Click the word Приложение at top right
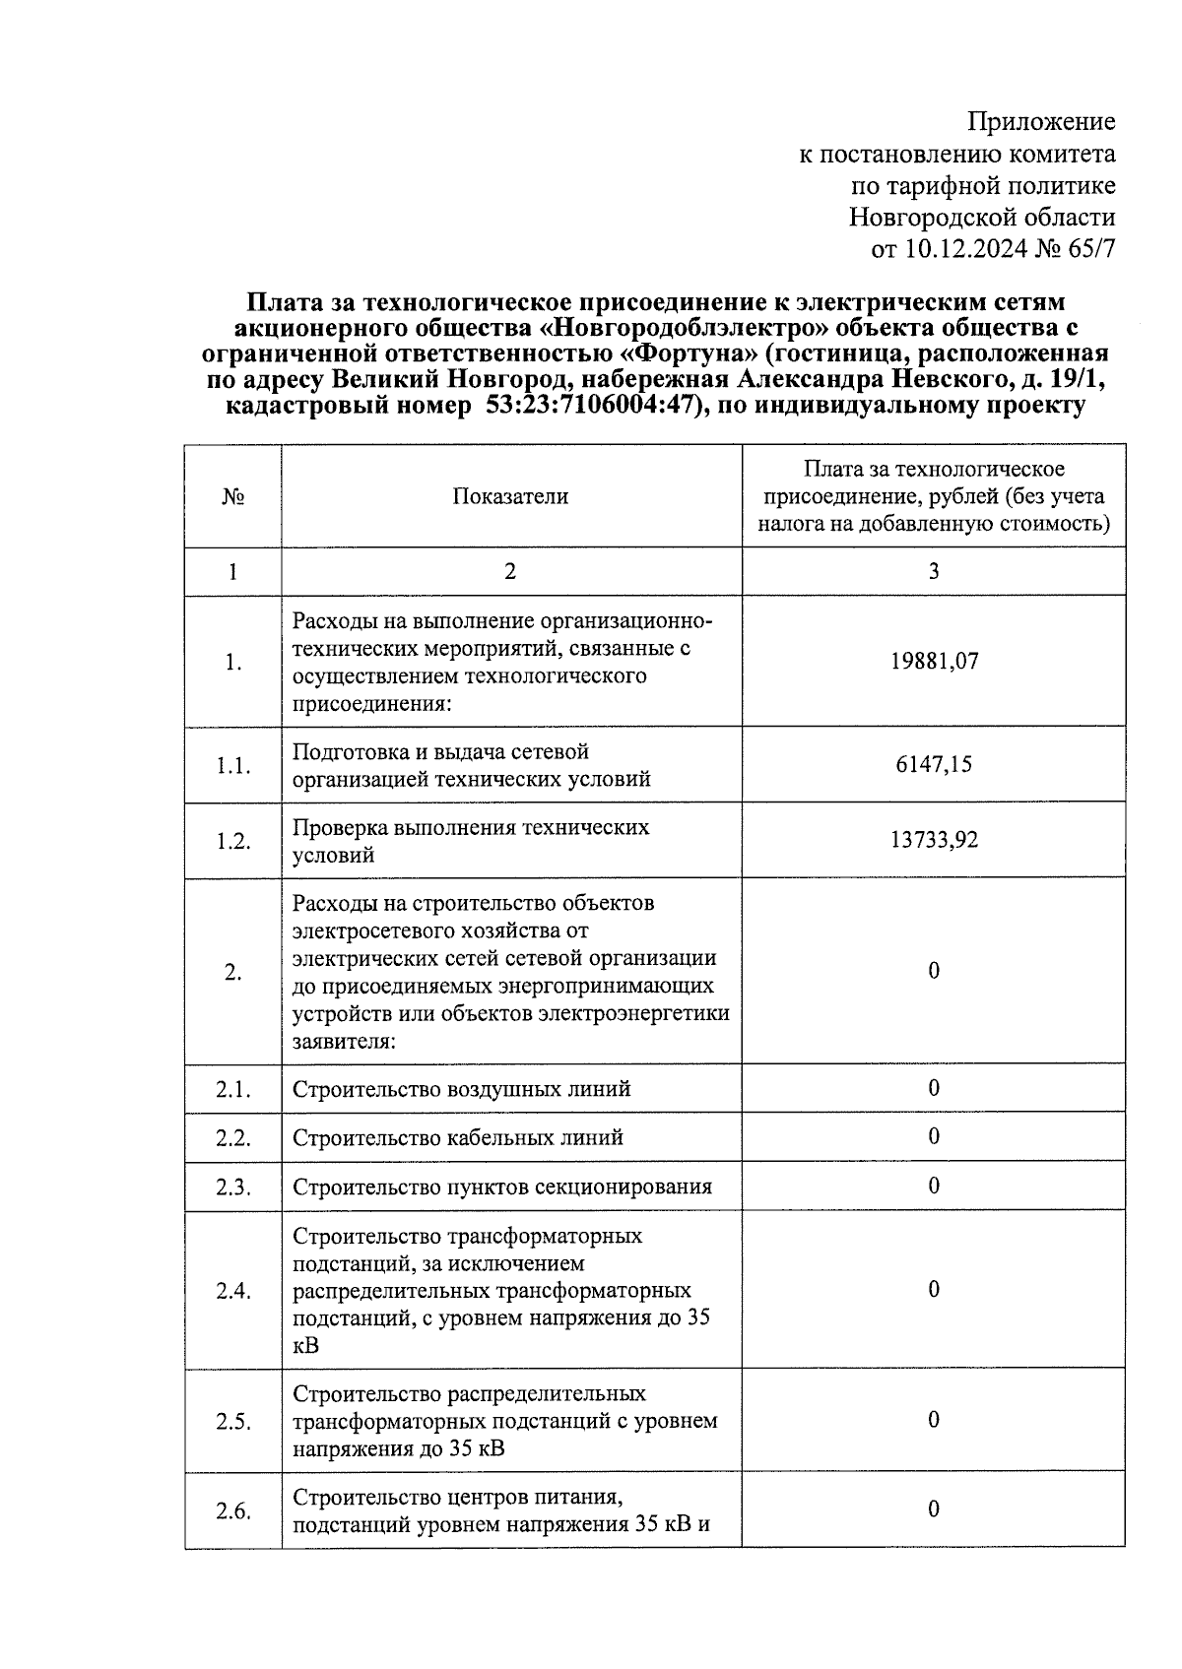click(1042, 122)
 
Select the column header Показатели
click(510, 496)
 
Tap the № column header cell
click(233, 496)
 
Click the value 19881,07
click(934, 661)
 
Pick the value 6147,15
click(934, 764)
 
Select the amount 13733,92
click(934, 840)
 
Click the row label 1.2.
click(233, 841)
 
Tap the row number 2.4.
click(233, 1290)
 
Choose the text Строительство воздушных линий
click(462, 1089)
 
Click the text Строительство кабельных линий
click(458, 1137)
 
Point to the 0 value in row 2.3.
click(934, 1186)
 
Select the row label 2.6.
click(233, 1511)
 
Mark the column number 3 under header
click(934, 571)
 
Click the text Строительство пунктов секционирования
click(502, 1187)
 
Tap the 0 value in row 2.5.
click(934, 1420)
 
